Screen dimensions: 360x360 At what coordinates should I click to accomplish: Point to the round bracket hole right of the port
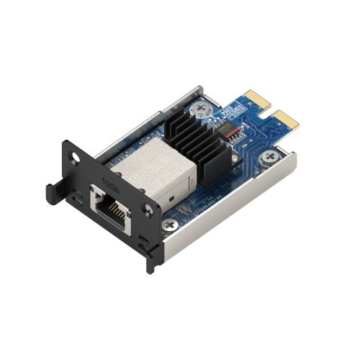tap(148, 210)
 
